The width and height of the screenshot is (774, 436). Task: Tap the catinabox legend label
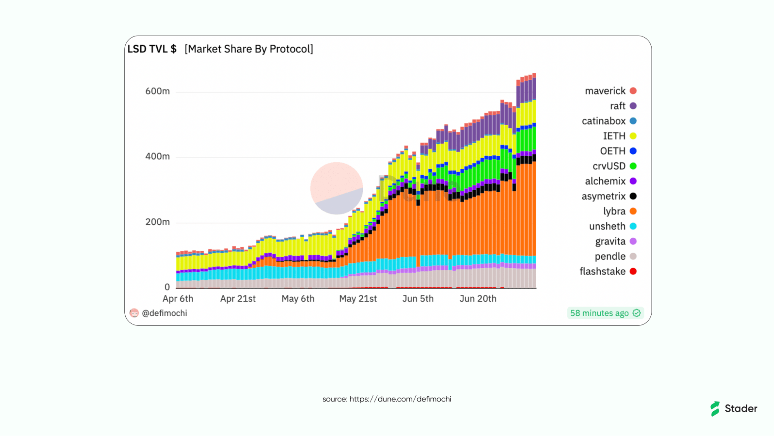pyautogui.click(x=604, y=121)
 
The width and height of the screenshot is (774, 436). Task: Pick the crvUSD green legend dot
pyautogui.click(x=633, y=166)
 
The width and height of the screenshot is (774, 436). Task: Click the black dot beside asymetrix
pyautogui.click(x=633, y=196)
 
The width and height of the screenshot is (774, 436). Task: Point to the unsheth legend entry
pyautogui.click(x=613, y=226)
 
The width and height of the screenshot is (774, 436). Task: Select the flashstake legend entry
pyautogui.click(x=608, y=271)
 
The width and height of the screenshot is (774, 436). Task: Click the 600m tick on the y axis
pyautogui.click(x=158, y=91)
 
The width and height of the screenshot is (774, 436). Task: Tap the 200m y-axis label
pyautogui.click(x=158, y=222)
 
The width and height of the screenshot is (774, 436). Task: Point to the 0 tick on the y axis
pyautogui.click(x=167, y=287)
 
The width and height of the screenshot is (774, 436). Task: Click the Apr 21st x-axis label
pyautogui.click(x=238, y=299)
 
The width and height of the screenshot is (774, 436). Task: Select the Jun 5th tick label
pyautogui.click(x=418, y=299)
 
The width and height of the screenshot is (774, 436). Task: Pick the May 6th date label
pyautogui.click(x=298, y=299)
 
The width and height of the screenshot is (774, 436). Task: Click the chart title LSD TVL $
pyautogui.click(x=152, y=49)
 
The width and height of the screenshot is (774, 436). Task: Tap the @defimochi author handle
pyautogui.click(x=164, y=313)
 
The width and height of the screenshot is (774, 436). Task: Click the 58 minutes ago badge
pyautogui.click(x=605, y=313)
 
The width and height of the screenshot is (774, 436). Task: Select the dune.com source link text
pyautogui.click(x=400, y=399)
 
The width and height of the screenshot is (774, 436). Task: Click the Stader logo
pyautogui.click(x=734, y=408)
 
